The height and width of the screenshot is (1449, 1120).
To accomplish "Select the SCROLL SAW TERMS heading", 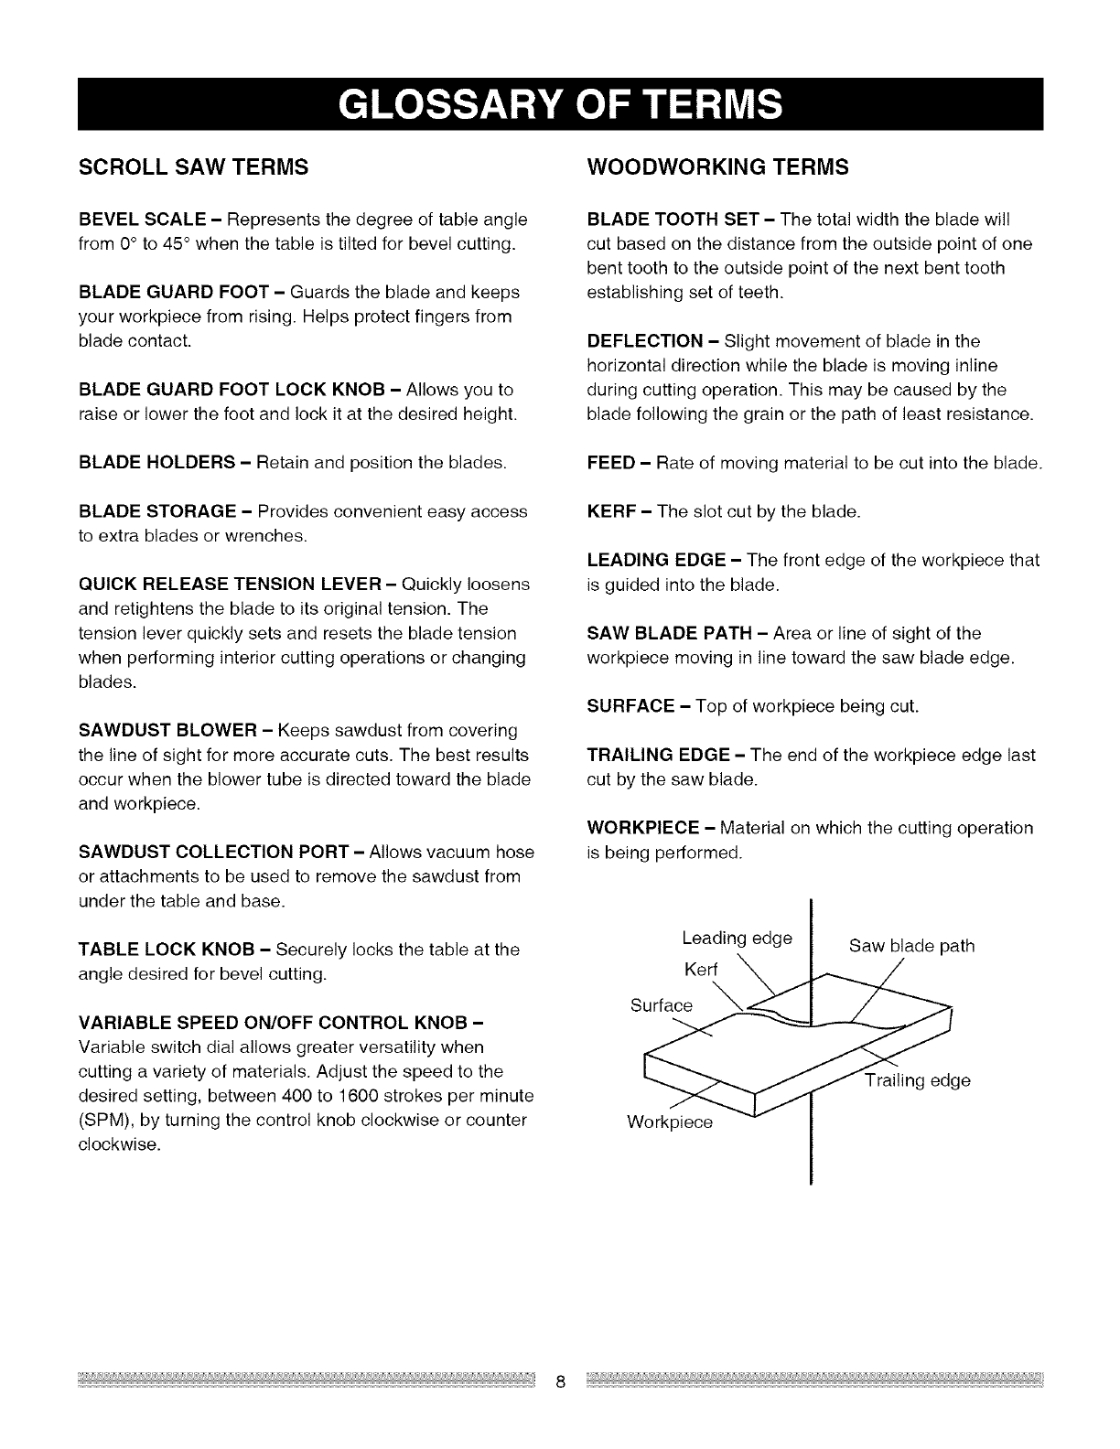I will (x=193, y=167).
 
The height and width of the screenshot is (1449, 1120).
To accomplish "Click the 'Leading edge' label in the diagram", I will (x=737, y=939).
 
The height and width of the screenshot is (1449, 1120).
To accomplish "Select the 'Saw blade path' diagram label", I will (x=911, y=946).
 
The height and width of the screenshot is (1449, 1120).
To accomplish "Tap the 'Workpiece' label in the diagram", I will (x=669, y=1122).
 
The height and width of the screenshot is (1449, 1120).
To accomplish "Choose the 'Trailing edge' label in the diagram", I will (x=918, y=1081).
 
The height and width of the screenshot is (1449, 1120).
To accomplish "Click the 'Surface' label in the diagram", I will (x=662, y=1005).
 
